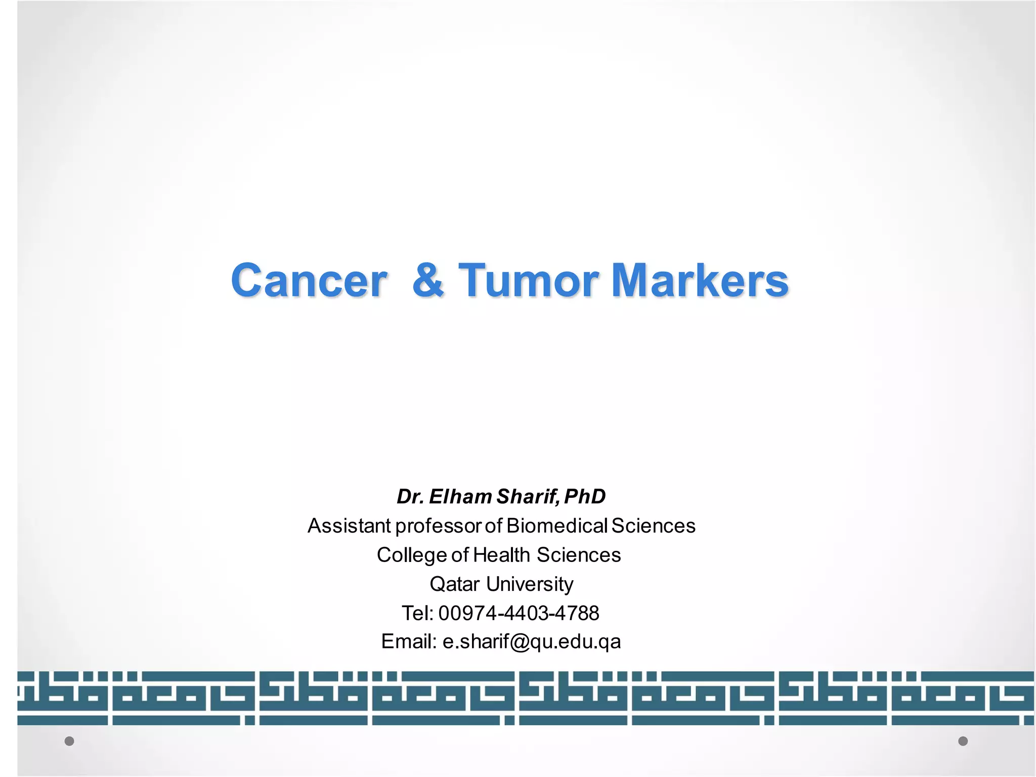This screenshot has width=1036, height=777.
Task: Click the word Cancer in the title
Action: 309,281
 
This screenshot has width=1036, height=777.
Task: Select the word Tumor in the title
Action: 529,281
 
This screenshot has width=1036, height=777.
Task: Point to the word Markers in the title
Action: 700,281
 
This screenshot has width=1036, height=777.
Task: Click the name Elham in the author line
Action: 460,497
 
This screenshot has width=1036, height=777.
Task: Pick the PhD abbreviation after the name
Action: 585,497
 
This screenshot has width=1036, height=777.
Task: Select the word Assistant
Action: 349,526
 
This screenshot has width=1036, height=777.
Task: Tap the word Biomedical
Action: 556,526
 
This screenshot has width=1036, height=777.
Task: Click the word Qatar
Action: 454,584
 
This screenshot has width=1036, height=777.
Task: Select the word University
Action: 530,585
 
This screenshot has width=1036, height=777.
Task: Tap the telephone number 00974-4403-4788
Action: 519,613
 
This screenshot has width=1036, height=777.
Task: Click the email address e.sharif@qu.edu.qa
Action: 531,642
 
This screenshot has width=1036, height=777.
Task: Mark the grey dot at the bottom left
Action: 69,741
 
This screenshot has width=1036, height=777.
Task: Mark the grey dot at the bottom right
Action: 963,741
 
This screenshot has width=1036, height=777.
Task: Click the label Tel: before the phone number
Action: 417,613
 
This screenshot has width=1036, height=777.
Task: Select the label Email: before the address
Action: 409,641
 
